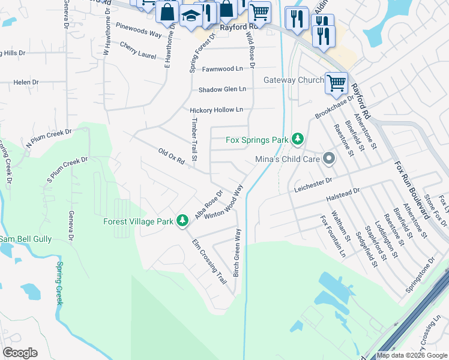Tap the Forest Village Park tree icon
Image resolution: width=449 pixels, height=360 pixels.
coord(182,221)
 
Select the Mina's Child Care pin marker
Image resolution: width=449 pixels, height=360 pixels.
coord(328,159)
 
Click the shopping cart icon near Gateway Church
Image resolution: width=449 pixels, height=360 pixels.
coord(336,82)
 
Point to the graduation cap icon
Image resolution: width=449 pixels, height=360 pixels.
coord(191,16)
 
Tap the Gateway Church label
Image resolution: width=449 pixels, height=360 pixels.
coord(294,80)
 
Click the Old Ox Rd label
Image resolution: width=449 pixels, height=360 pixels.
coord(171,155)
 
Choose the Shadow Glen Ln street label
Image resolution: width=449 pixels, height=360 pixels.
coord(223,89)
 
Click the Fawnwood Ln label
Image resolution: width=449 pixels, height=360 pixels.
coord(222,69)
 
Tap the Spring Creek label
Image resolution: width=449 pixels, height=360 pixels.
coord(59,283)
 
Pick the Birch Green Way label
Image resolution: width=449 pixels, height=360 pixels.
coord(237,252)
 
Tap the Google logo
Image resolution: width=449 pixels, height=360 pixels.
coord(20,353)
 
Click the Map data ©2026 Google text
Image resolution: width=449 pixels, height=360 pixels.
coord(412,355)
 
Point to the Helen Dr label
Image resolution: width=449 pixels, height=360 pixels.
coord(26,82)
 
